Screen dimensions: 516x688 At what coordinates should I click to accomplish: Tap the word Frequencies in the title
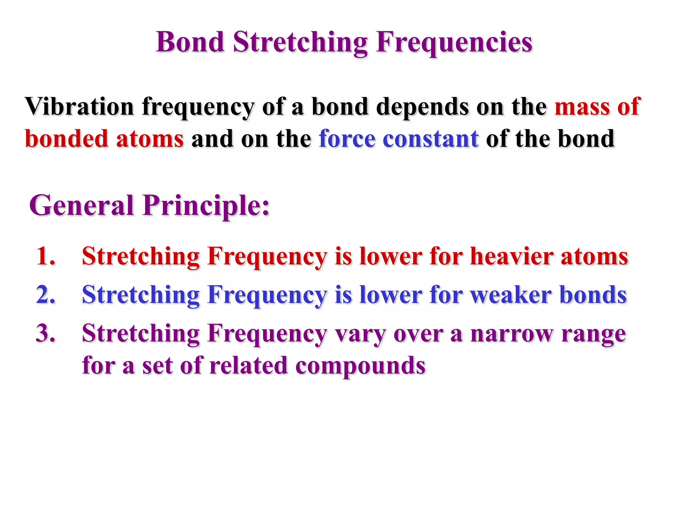(x=454, y=43)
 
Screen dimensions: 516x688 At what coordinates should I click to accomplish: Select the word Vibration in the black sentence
(x=79, y=106)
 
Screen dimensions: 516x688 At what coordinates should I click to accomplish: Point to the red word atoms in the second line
(x=150, y=139)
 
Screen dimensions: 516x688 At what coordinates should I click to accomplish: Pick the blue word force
(x=347, y=139)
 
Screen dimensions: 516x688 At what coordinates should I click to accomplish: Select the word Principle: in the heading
(x=206, y=206)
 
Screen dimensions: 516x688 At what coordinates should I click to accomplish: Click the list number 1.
(x=46, y=256)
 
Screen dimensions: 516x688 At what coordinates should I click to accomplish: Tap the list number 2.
(x=46, y=295)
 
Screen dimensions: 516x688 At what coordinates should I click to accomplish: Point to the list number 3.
(x=46, y=334)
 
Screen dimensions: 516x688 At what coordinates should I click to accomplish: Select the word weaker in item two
(x=510, y=295)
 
